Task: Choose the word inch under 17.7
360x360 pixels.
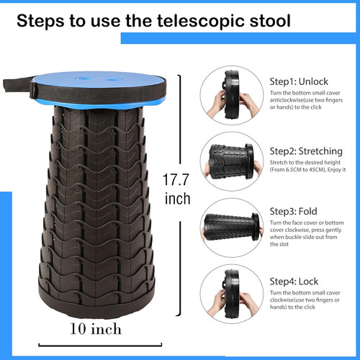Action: click(178, 197)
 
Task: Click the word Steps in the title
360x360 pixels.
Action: click(42, 21)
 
